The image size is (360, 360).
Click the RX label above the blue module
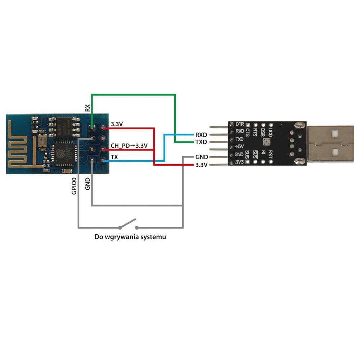click(x=87, y=108)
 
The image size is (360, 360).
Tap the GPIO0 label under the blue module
click(x=74, y=186)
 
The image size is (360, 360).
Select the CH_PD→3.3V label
click(x=129, y=146)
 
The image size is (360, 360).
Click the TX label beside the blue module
click(x=114, y=157)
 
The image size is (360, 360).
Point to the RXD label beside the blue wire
click(x=201, y=135)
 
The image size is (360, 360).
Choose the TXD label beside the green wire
click(x=201, y=142)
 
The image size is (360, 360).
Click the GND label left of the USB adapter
click(x=201, y=157)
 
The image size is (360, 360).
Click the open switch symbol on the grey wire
click(x=128, y=224)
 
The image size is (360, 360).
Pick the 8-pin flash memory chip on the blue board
click(x=67, y=126)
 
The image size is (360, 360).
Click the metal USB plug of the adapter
click(x=331, y=143)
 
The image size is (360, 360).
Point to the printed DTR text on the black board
click(x=240, y=124)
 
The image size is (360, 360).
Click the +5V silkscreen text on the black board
click(x=239, y=147)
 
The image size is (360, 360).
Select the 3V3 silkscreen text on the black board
click(x=239, y=162)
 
